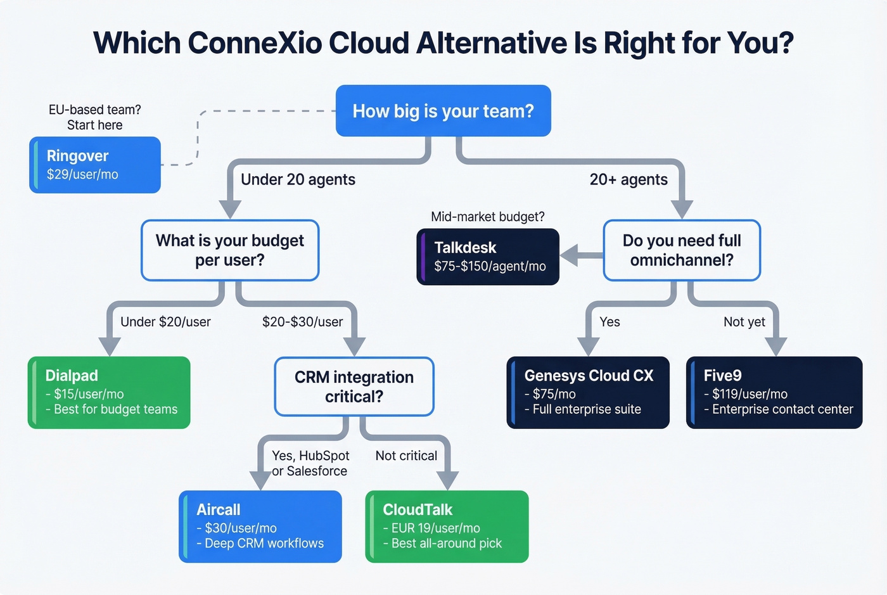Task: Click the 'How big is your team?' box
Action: [443, 111]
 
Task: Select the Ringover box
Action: [95, 165]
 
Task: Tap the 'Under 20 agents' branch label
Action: [298, 180]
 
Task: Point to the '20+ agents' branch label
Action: [629, 180]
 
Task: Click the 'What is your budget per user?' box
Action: [230, 250]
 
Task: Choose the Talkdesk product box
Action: [488, 257]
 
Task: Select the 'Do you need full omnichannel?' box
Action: [682, 250]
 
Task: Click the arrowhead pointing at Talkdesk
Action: [570, 256]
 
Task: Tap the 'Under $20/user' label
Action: [165, 322]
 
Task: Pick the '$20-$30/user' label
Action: [302, 322]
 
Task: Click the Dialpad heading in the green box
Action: [72, 376]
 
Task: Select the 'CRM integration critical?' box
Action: [354, 387]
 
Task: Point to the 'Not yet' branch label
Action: [744, 322]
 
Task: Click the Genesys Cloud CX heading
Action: [589, 376]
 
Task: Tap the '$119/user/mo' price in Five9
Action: [750, 394]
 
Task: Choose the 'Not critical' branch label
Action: [406, 456]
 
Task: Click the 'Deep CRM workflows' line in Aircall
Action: [264, 544]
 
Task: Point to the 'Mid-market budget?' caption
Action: [488, 217]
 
